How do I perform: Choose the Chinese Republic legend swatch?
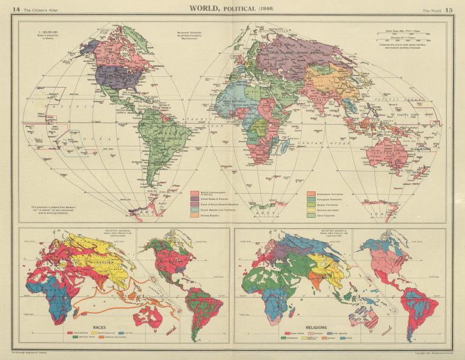pyautogui.click(x=194, y=214)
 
